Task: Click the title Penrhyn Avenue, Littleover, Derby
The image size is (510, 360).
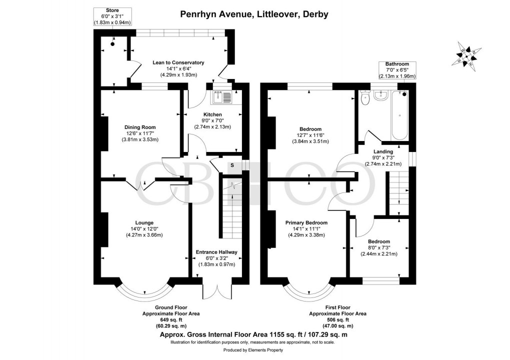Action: click(x=254, y=14)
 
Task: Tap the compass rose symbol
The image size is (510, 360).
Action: click(x=469, y=55)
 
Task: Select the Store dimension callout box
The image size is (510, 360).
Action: click(x=112, y=16)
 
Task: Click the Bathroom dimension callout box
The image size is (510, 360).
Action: click(x=397, y=70)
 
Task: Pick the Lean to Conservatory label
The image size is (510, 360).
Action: click(x=178, y=62)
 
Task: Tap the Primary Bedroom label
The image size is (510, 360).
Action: click(x=306, y=222)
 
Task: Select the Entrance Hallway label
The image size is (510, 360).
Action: click(x=216, y=252)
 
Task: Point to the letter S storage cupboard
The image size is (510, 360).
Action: click(x=232, y=165)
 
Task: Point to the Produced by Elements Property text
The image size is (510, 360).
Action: click(x=254, y=350)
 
